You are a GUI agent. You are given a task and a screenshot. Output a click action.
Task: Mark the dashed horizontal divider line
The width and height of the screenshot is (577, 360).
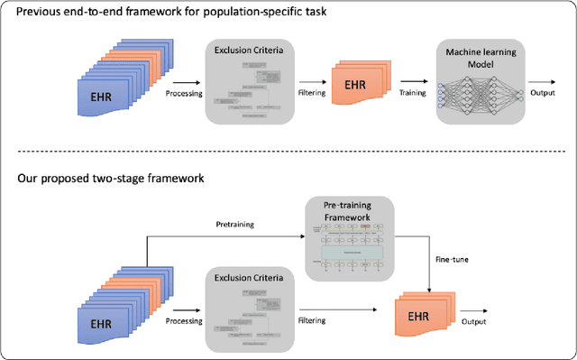click(288, 150)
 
